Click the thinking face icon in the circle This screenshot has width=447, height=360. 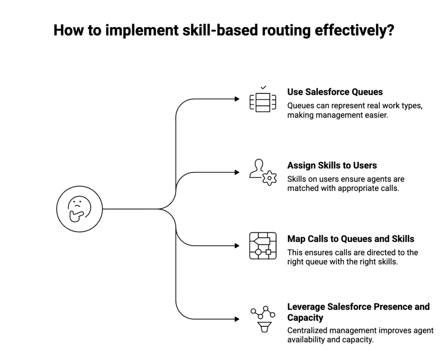[79, 209]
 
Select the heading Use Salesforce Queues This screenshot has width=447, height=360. [335, 92]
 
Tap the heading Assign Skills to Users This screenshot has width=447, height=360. [332, 166]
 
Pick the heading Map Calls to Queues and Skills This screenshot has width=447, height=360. [351, 239]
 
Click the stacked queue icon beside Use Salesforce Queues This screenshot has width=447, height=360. [263, 102]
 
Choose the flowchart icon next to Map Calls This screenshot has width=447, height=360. [263, 246]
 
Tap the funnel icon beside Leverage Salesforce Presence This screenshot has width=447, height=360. [263, 326]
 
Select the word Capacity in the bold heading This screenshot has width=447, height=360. [305, 318]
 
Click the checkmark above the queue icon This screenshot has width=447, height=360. [263, 88]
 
